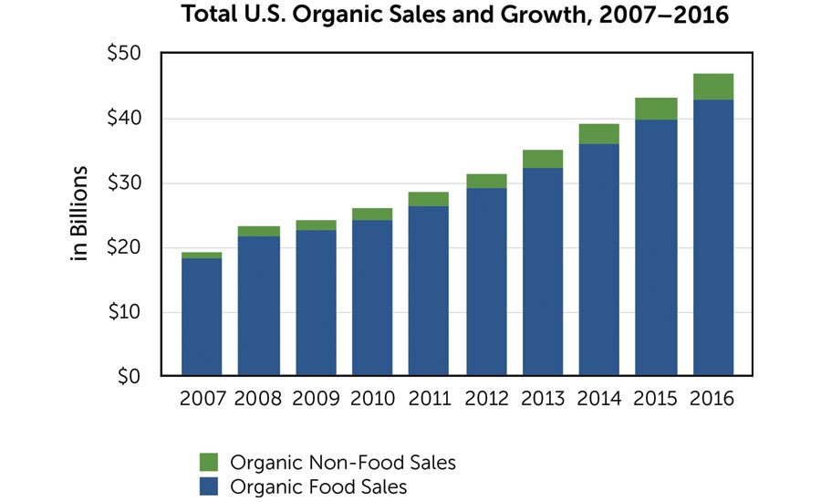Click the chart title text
[x=456, y=16]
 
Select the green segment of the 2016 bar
[x=713, y=87]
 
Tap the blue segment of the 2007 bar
[x=202, y=317]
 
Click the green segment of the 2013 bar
[x=543, y=159]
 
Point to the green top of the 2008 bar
[x=258, y=231]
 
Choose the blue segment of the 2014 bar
[x=599, y=259]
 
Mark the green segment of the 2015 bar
[x=657, y=109]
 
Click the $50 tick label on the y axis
[x=123, y=54]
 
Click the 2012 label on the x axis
[x=486, y=399]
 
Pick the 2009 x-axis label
[x=316, y=399]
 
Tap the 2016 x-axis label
[x=713, y=399]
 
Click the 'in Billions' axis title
[x=80, y=214]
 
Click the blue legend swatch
[x=209, y=486]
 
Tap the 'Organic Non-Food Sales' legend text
[x=342, y=463]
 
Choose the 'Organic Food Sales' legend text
[x=318, y=486]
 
